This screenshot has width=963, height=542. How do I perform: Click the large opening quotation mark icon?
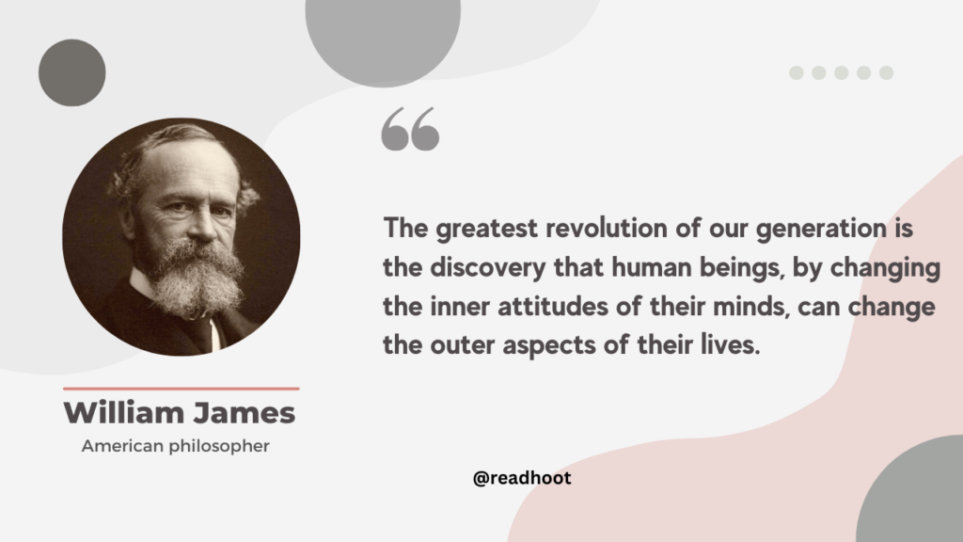click(410, 129)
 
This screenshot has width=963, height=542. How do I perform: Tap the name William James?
click(180, 413)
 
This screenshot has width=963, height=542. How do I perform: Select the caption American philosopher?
click(176, 446)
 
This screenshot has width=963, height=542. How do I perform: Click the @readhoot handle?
click(522, 478)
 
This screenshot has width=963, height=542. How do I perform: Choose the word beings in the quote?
click(726, 268)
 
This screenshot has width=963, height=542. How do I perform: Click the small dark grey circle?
click(71, 72)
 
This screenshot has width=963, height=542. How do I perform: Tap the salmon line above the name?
click(181, 388)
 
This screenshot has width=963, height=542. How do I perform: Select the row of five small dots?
click(842, 72)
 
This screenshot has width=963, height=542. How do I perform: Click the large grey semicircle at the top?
click(383, 33)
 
